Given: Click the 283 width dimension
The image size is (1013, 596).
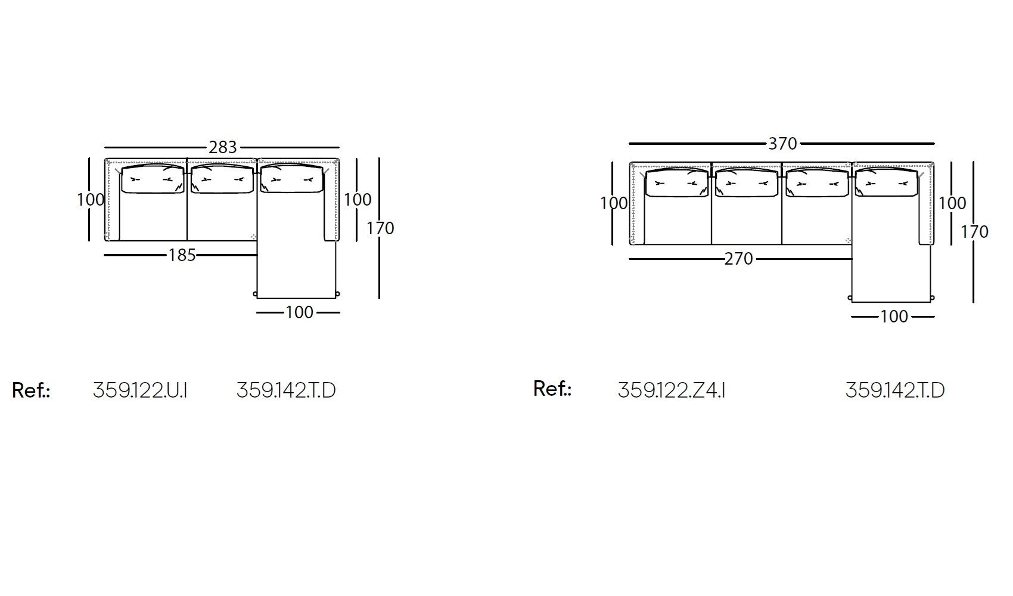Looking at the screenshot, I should pyautogui.click(x=222, y=147).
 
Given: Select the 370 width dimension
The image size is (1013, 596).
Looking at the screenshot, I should pyautogui.click(x=782, y=144).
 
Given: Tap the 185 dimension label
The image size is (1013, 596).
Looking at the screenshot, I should pyautogui.click(x=182, y=255).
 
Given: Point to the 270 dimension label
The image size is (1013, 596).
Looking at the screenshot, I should pyautogui.click(x=739, y=259).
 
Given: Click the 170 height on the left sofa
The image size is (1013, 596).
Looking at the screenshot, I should pyautogui.click(x=380, y=228).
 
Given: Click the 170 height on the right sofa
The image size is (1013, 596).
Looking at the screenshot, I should pyautogui.click(x=974, y=232).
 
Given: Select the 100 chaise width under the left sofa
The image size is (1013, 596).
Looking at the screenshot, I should pyautogui.click(x=299, y=312).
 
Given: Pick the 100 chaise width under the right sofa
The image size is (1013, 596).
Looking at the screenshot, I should pyautogui.click(x=894, y=316).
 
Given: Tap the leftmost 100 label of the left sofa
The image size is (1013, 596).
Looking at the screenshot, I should pyautogui.click(x=91, y=200).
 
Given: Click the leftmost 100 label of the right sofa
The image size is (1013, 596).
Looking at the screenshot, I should pyautogui.click(x=614, y=203).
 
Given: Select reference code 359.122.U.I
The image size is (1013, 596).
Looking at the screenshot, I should pyautogui.click(x=140, y=390).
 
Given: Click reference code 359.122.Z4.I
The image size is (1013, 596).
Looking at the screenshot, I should pyautogui.click(x=671, y=390).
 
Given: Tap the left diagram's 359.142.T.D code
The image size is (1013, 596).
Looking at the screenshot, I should pyautogui.click(x=286, y=390).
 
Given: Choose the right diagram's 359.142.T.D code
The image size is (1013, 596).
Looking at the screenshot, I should pyautogui.click(x=894, y=390).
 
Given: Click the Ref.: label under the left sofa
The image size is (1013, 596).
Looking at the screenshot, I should pyautogui.click(x=31, y=391).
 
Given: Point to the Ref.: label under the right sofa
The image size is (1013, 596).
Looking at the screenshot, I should pyautogui.click(x=552, y=389).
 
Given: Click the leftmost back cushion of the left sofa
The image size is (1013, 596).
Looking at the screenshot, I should pyautogui.click(x=153, y=179).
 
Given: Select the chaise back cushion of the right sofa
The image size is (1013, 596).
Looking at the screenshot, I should pyautogui.click(x=885, y=182).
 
